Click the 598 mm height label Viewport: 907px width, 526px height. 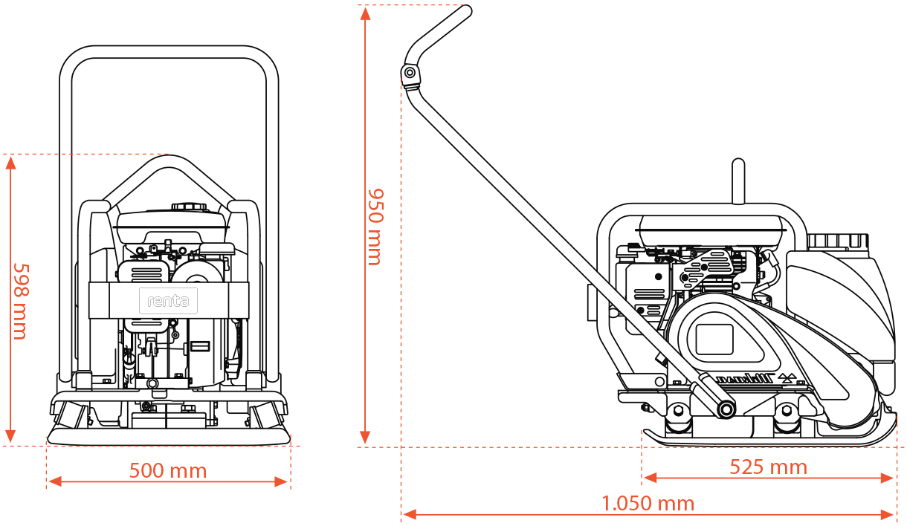click(x=20, y=301)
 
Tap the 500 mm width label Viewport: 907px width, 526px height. click(x=168, y=470)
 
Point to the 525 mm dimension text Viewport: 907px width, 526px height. click(x=768, y=467)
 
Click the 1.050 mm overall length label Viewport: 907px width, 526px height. click(x=648, y=503)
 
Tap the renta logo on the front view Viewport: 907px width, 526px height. click(x=168, y=301)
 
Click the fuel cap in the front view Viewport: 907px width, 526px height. click(x=187, y=207)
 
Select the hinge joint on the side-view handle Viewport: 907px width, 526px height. click(x=408, y=73)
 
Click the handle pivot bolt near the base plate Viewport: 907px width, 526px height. click(x=724, y=409)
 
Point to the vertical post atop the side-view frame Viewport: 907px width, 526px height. click(x=737, y=181)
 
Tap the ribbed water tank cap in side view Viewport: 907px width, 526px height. click(x=837, y=241)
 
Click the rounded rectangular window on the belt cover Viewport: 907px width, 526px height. click(x=714, y=339)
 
